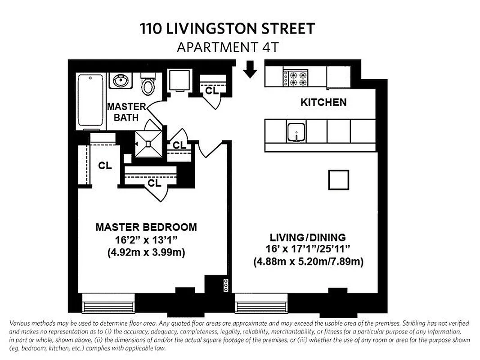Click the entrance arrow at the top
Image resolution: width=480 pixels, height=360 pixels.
(250, 70)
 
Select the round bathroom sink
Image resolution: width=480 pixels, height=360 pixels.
(120, 81)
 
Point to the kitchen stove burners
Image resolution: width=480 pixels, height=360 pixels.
(295, 77)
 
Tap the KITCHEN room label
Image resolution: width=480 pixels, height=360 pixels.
(323, 102)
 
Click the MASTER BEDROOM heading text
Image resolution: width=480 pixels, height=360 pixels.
(146, 227)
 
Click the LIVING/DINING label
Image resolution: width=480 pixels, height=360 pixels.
(308, 237)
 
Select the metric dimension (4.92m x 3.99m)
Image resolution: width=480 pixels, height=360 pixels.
(146, 252)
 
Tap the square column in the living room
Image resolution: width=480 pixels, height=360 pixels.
(338, 180)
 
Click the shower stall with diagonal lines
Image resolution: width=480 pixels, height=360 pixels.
(148, 144)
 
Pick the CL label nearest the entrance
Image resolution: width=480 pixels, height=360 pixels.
(211, 90)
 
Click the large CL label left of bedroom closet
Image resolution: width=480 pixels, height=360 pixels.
(105, 166)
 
